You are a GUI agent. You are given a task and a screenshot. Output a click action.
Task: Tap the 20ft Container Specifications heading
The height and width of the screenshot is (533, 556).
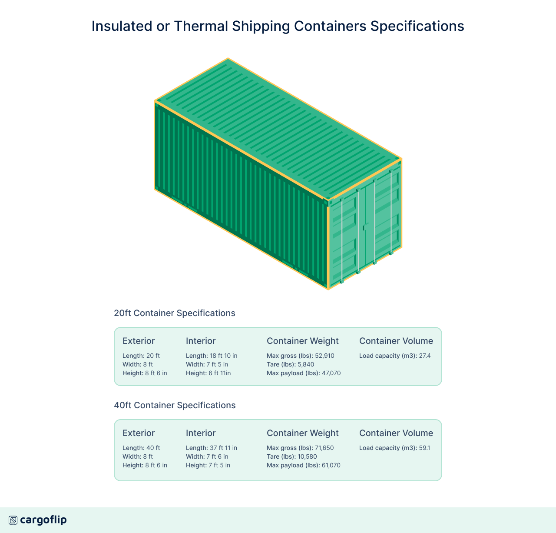pos(175,313)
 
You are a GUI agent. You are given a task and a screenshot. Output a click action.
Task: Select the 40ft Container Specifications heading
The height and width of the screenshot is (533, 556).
pos(175,405)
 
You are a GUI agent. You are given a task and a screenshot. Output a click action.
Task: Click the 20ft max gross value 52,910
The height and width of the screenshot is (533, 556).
pos(324,356)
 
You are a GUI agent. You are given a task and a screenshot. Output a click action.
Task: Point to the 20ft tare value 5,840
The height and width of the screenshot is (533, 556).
pos(306,364)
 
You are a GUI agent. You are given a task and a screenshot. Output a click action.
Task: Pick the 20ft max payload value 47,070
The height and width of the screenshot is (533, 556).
pos(331,373)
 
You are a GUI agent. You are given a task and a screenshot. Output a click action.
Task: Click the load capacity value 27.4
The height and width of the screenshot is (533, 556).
pos(425,356)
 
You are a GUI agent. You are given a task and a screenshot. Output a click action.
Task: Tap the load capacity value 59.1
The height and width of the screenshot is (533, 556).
pos(424,448)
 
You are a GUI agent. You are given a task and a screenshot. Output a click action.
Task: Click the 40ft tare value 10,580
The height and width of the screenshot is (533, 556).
pos(307,456)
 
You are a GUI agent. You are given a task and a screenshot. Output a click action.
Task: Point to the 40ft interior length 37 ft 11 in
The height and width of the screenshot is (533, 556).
pos(223,448)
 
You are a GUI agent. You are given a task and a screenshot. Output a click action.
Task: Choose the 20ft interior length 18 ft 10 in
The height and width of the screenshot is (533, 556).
pos(223,356)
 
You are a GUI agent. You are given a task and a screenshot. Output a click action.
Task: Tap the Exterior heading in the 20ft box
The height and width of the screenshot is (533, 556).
pos(139,341)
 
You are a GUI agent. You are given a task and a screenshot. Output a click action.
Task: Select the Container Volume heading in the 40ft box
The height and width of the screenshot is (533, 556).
pos(396,433)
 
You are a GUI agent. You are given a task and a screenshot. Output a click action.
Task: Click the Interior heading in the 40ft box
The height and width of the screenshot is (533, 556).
pos(201,433)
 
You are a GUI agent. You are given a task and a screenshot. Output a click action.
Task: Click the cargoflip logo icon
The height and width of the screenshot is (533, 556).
pos(13,520)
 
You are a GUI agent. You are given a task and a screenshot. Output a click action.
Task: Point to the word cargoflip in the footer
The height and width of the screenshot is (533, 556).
pos(43,520)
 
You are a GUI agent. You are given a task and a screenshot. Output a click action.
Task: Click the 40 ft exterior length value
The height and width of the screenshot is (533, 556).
pos(153,448)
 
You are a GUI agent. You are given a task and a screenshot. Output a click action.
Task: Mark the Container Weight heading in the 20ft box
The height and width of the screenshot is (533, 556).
pos(303,341)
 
